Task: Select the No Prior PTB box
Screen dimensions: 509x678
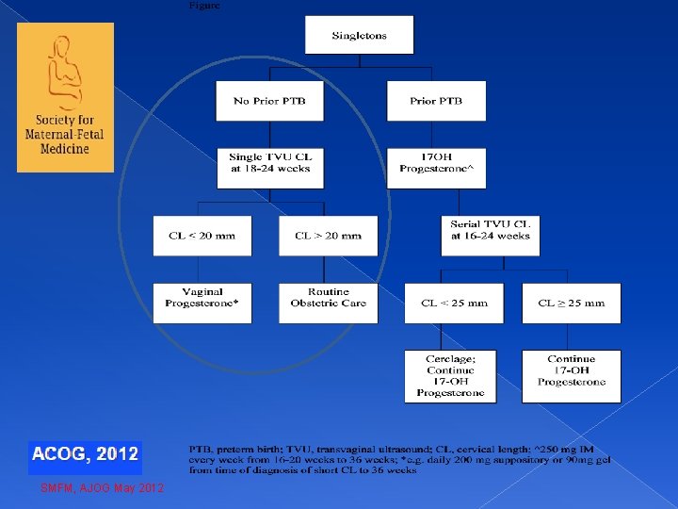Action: tap(269, 101)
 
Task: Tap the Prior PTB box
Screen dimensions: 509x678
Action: tap(436, 101)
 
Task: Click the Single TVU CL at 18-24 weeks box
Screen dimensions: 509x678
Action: tap(269, 168)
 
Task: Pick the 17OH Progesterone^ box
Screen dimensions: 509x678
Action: tap(436, 168)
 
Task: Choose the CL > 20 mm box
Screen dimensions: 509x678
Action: tap(328, 236)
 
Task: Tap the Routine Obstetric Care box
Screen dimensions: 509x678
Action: tap(328, 303)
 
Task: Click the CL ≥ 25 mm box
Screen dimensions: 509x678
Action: tap(572, 303)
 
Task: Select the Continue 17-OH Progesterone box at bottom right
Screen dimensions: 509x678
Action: tap(572, 376)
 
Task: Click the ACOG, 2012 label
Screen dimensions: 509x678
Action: tap(85, 454)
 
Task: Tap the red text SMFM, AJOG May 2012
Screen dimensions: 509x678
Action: tap(102, 488)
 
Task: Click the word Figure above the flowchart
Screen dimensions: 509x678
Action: tap(205, 5)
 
